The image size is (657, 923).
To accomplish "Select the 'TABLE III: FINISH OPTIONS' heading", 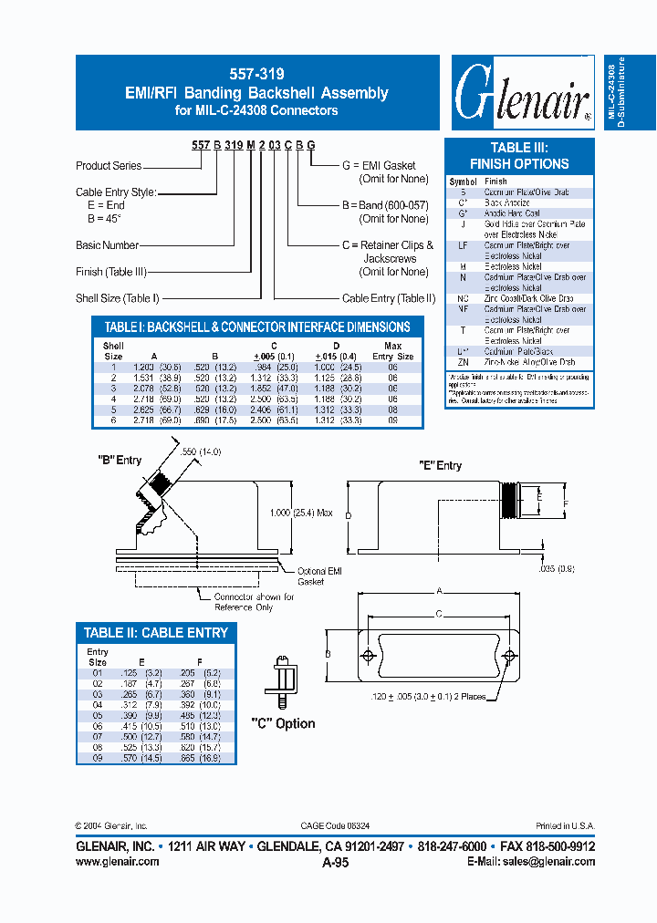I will [518, 156].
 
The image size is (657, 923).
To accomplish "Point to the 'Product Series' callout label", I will [109, 166].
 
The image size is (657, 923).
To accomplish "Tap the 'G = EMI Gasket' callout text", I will [379, 166].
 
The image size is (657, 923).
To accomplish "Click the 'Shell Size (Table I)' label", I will [118, 298].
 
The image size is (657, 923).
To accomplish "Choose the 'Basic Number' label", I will [107, 245].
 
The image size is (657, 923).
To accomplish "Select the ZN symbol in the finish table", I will [464, 362].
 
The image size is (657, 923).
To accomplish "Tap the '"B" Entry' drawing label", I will [120, 460].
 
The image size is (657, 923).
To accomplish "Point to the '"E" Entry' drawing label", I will [440, 465].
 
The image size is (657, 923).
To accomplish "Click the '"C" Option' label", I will [283, 723].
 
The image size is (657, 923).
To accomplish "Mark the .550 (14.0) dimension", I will [203, 452].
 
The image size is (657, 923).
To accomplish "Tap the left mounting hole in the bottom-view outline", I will [367, 657].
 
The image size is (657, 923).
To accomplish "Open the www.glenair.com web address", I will [118, 861].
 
